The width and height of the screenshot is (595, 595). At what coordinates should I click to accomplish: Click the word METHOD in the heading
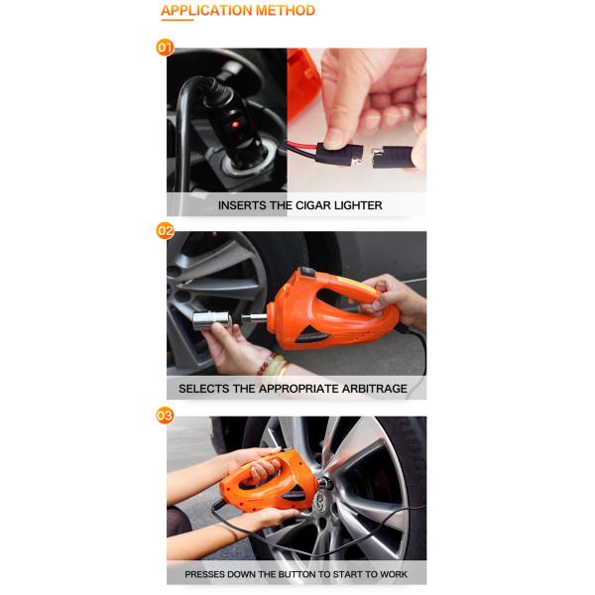click(x=286, y=10)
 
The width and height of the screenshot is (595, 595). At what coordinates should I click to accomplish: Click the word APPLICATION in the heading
click(x=207, y=10)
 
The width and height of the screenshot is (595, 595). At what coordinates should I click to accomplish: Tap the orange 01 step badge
click(x=165, y=48)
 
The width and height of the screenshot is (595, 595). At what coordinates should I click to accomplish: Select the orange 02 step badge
click(x=165, y=231)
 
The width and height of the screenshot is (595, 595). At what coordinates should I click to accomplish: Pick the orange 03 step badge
click(x=165, y=416)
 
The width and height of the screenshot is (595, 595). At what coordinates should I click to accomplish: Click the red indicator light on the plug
click(x=235, y=124)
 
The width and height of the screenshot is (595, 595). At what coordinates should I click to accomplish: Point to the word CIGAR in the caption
click(x=313, y=205)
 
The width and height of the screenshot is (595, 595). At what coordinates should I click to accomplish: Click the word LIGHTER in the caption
click(x=358, y=205)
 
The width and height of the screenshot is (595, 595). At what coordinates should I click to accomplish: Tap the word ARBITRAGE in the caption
click(x=375, y=389)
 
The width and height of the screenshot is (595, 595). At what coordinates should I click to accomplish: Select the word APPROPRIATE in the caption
click(x=299, y=389)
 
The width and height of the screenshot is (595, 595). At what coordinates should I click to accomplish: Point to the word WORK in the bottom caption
click(x=395, y=574)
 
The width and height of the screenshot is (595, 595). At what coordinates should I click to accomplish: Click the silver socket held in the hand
click(x=211, y=320)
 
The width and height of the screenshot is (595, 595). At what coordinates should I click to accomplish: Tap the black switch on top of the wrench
click(x=308, y=272)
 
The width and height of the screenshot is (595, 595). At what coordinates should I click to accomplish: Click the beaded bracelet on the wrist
click(x=267, y=365)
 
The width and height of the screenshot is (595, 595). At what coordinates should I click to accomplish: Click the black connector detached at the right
click(x=392, y=158)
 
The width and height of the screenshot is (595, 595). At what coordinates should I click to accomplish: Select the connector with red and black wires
click(x=339, y=155)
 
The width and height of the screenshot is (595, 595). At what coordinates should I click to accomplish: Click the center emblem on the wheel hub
click(x=320, y=499)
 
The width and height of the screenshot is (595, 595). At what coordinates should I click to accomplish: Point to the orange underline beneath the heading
click(x=178, y=20)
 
